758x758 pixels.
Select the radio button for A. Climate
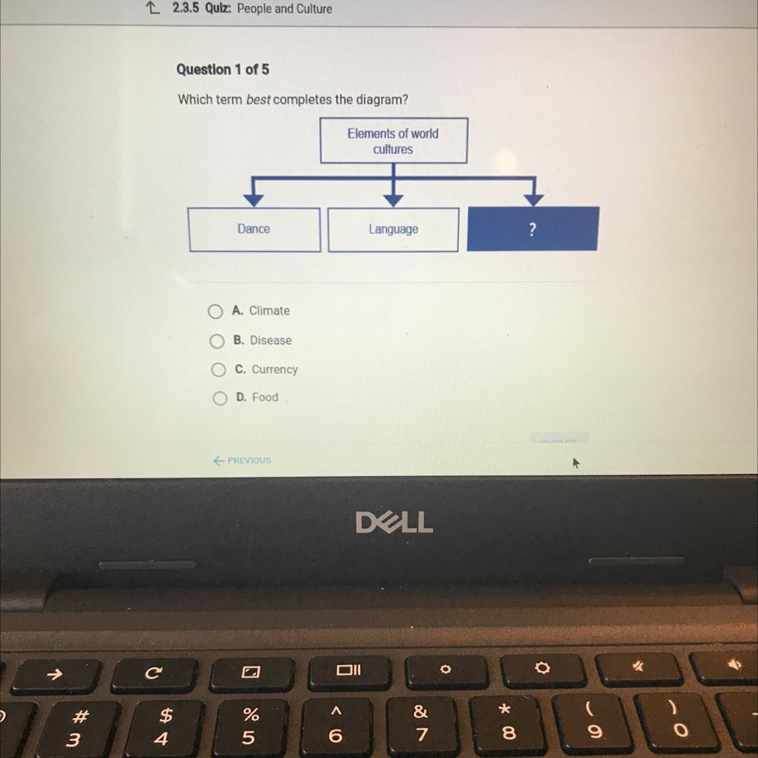pyautogui.click(x=215, y=311)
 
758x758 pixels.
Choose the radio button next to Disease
pyautogui.click(x=217, y=341)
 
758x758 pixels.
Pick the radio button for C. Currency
pyautogui.click(x=219, y=370)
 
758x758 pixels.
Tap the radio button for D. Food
pyautogui.click(x=220, y=398)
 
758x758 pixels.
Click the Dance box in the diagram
pyautogui.click(x=254, y=229)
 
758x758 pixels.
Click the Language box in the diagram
pyautogui.click(x=393, y=229)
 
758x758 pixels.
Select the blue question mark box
pyautogui.click(x=532, y=229)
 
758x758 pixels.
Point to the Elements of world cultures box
pyautogui.click(x=394, y=141)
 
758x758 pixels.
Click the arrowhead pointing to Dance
pyautogui.click(x=254, y=200)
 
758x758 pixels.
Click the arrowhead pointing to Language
pyautogui.click(x=394, y=200)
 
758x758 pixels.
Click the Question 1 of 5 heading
pyautogui.click(x=222, y=69)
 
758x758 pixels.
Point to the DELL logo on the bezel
pyautogui.click(x=394, y=522)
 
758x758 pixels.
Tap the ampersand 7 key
pyautogui.click(x=421, y=723)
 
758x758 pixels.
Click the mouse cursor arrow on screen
pyautogui.click(x=575, y=464)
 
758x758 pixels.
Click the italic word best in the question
pyautogui.click(x=258, y=100)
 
